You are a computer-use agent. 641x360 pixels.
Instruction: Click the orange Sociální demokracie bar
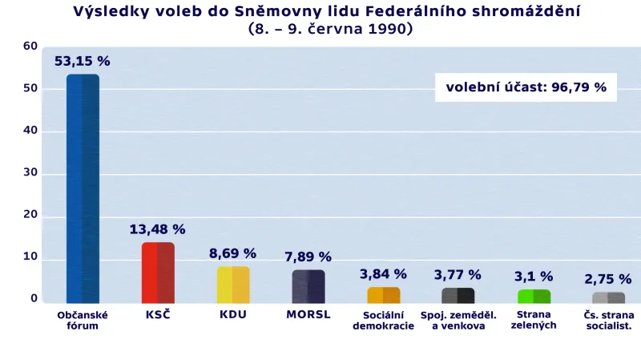coord(383,295)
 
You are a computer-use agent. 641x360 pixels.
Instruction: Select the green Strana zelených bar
coord(534,296)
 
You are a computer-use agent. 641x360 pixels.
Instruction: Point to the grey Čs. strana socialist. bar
coord(608,297)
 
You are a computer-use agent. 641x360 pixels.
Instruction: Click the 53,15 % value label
coord(83,61)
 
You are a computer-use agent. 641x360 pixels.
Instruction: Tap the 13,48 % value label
coord(158,229)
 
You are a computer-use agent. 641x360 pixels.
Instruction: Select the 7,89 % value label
coord(308,257)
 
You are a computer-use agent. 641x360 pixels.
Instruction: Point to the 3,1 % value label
coord(534,276)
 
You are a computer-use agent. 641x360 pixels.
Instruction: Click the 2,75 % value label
coord(608,279)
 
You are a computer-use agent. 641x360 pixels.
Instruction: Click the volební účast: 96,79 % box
coord(526,87)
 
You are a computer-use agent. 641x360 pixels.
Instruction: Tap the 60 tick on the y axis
coord(30,47)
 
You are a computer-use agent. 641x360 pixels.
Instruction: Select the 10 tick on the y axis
coord(30,257)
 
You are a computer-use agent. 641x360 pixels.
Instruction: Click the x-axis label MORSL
coord(308,314)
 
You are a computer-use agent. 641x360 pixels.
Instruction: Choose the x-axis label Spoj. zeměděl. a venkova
coord(458,320)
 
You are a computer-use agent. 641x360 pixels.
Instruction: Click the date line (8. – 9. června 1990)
coord(331,28)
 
